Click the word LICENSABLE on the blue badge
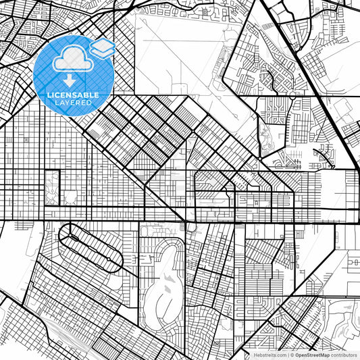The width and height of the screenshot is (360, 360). (x=72, y=95)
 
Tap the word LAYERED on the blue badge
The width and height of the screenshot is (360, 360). (x=73, y=103)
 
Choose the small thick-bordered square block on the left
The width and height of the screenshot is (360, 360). (x=51, y=187)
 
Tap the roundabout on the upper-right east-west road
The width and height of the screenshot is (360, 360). (x=291, y=97)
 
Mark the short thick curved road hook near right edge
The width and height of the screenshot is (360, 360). (x=329, y=157)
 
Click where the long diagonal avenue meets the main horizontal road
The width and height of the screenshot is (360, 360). (x=184, y=220)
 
